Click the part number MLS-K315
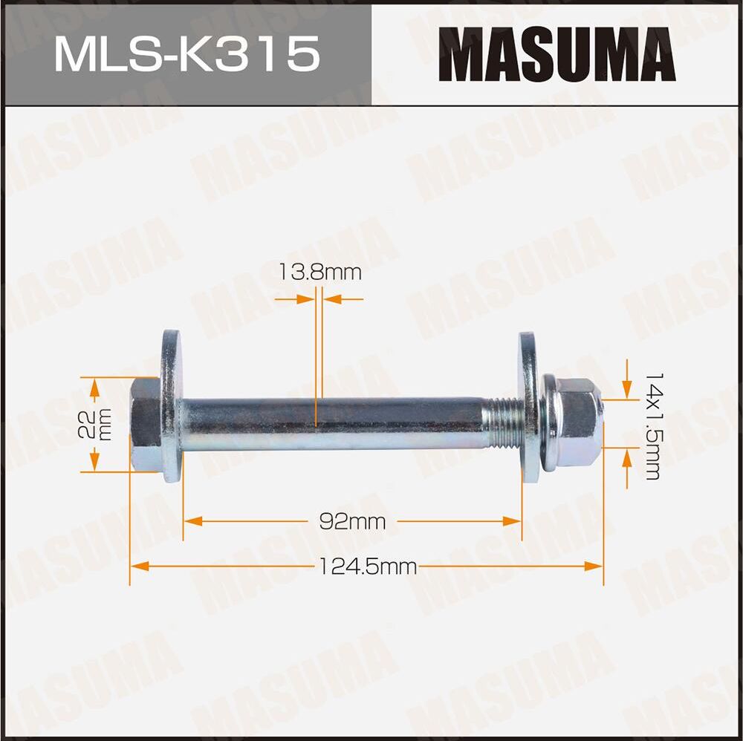coord(186,53)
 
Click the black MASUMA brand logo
coord(557,53)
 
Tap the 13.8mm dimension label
coord(319,272)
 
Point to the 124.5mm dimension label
coord(367,567)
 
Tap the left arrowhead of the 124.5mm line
coord(138,567)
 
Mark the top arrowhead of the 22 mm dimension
coord(94,385)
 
